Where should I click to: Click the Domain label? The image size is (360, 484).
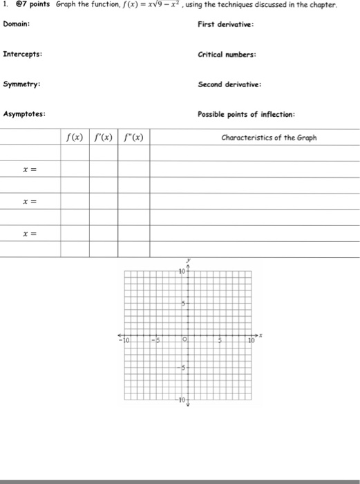[16, 25]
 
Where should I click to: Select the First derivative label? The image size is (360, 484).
[225, 25]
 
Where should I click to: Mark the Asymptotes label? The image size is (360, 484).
[25, 114]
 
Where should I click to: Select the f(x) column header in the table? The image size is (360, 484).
[75, 138]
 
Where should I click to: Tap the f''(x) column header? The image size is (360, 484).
[133, 138]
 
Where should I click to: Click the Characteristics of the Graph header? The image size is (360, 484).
[269, 138]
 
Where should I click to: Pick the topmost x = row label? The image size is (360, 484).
[29, 169]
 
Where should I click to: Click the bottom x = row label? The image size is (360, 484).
[29, 234]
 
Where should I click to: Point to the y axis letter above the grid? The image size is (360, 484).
[186, 263]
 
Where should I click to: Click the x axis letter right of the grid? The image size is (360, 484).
[261, 334]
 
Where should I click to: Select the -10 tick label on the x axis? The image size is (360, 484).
[124, 340]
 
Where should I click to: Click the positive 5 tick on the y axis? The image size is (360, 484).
[183, 303]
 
